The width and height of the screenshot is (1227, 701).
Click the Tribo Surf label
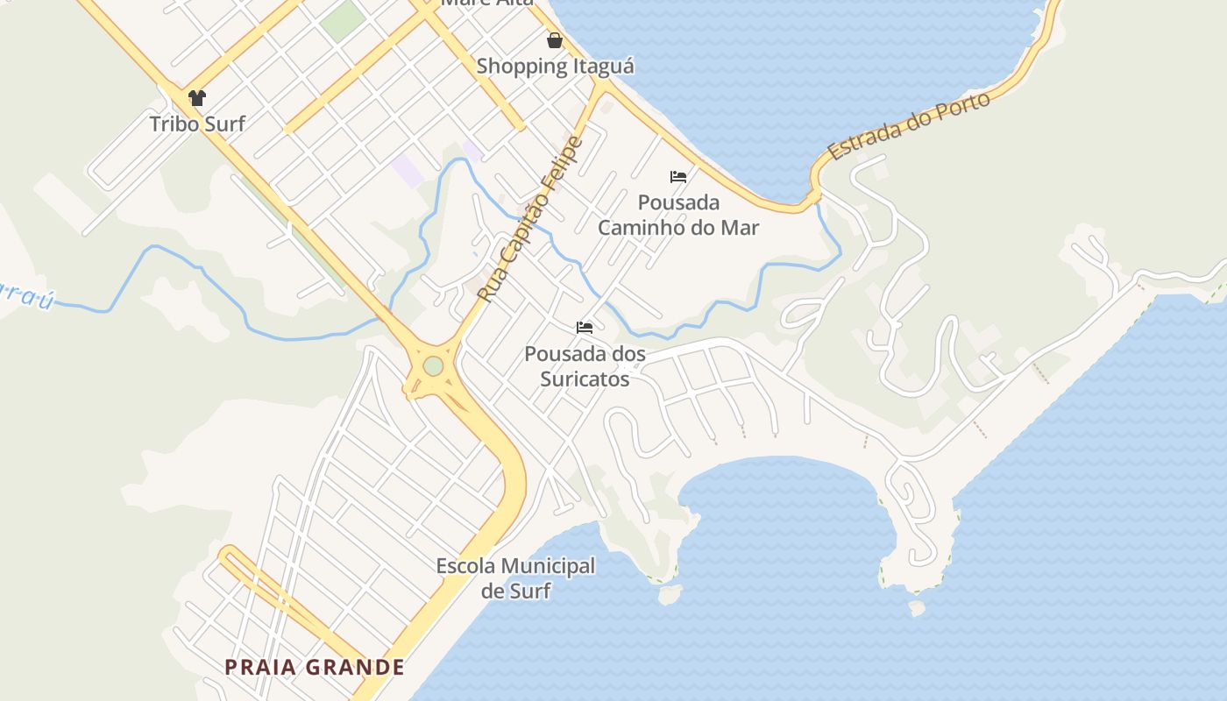(197, 124)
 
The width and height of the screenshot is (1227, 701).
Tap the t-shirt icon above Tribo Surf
(197, 98)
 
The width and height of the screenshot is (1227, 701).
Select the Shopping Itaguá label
(555, 66)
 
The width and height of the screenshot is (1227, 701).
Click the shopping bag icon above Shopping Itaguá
(555, 40)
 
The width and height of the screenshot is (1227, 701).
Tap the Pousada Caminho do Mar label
(678, 216)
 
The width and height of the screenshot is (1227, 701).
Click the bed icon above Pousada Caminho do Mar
(678, 176)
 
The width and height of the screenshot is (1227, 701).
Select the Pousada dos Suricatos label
(585, 366)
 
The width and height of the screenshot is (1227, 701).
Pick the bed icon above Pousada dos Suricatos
(585, 328)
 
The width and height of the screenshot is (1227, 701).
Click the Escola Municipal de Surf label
(515, 578)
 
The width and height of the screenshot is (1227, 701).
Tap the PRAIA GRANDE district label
(315, 668)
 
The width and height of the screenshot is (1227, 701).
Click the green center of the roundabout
(433, 366)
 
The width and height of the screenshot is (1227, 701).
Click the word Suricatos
(585, 379)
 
